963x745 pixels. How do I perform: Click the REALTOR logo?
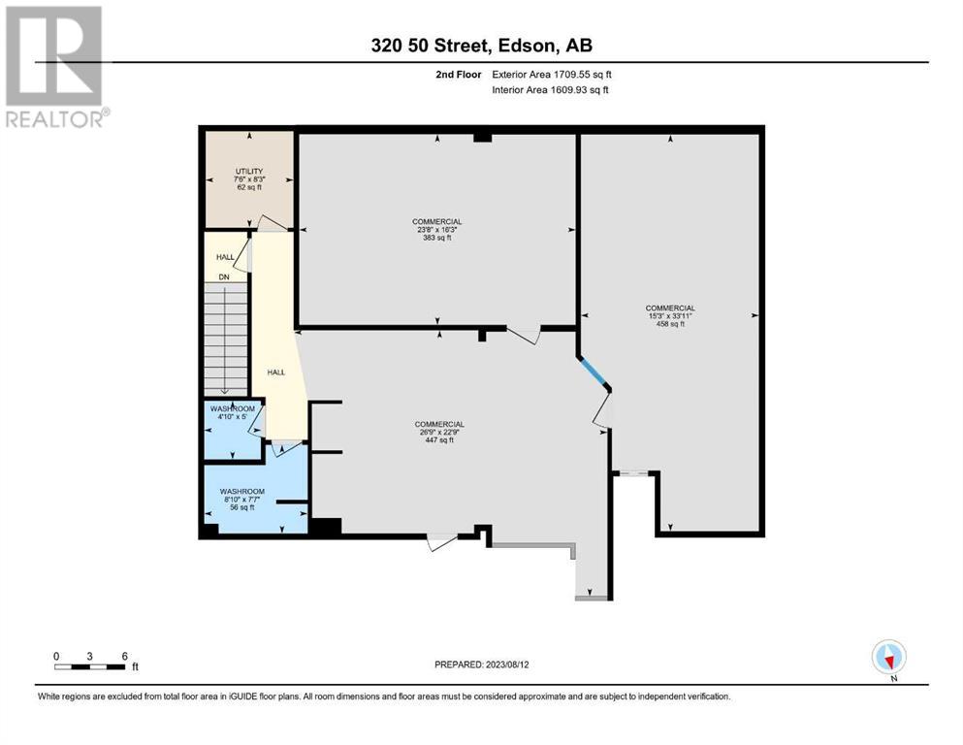pos(55,66)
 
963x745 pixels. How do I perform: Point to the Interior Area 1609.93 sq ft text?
pos(550,90)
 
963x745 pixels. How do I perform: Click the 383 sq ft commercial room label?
pos(437,229)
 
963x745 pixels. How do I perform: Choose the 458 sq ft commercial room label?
pos(669,317)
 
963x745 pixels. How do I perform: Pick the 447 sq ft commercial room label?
pos(439,432)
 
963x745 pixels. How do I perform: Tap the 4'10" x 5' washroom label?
pos(233,415)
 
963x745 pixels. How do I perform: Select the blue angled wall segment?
pos(593,373)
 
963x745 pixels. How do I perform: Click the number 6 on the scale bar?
pos(124,656)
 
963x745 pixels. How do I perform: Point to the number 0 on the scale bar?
pos(57,656)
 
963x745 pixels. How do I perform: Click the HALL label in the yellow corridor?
pos(275,372)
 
